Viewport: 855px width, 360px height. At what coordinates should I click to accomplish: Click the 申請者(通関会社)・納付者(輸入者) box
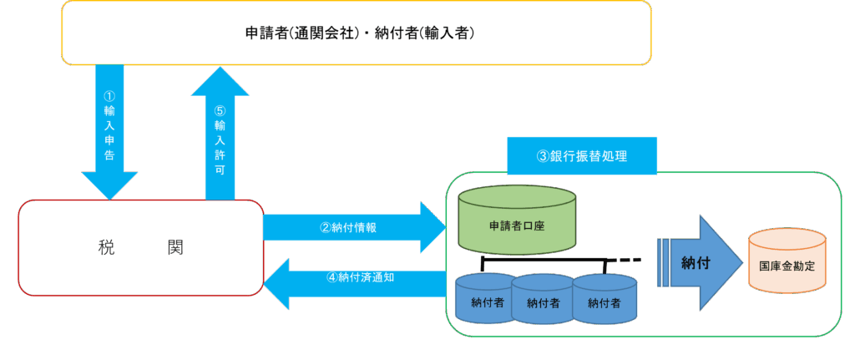[x=357, y=33]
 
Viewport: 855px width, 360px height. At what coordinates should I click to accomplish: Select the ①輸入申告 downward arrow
[x=109, y=125]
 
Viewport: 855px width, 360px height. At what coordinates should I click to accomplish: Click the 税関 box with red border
[x=140, y=247]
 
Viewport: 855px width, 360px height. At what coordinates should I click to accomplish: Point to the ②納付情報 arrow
[x=351, y=226]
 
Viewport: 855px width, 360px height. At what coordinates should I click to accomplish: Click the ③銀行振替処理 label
[x=581, y=155]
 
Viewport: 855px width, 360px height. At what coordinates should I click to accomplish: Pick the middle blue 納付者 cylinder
[x=543, y=301]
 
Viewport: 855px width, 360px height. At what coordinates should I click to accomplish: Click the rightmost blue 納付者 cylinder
[x=605, y=301]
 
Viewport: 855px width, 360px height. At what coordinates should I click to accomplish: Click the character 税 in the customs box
[x=106, y=247]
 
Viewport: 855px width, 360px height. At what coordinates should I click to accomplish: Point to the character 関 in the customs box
[x=174, y=247]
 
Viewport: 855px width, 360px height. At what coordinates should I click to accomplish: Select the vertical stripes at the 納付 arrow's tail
[x=664, y=262]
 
